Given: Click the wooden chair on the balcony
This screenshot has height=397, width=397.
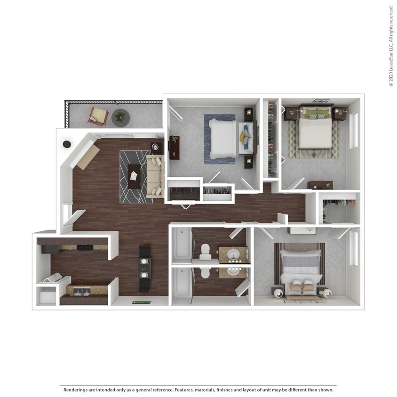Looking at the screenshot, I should pyautogui.click(x=98, y=116).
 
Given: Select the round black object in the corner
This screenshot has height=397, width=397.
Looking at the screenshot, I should pyautogui.click(x=67, y=144).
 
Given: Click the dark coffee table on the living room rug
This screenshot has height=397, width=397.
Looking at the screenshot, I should pyautogui.click(x=134, y=176).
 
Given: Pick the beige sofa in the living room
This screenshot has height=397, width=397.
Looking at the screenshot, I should pyautogui.click(x=154, y=176).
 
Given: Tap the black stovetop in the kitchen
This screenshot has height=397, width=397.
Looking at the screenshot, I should pyautogui.click(x=86, y=247).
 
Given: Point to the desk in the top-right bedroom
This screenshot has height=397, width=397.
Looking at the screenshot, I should pyautogui.click(x=320, y=185).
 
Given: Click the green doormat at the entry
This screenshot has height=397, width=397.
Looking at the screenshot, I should pyautogui.click(x=140, y=302).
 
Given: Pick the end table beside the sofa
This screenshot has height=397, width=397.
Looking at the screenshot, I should pyautogui.click(x=156, y=147).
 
